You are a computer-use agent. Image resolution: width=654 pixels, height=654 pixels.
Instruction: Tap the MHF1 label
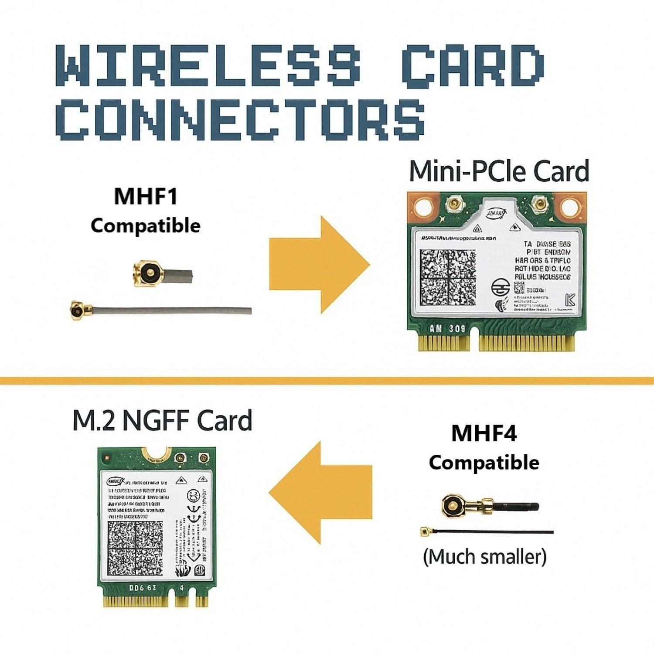click(x=146, y=196)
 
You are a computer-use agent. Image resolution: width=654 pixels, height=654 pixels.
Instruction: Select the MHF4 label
click(x=484, y=433)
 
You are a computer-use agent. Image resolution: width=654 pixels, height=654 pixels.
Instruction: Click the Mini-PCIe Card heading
click(x=499, y=171)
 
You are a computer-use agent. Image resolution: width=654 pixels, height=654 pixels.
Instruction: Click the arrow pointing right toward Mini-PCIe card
click(x=319, y=265)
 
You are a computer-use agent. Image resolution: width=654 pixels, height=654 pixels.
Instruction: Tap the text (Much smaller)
click(x=484, y=557)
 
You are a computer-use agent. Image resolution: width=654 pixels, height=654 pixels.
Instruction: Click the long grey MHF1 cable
click(x=174, y=310)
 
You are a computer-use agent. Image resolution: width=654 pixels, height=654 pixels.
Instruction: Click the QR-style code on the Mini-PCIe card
click(x=448, y=278)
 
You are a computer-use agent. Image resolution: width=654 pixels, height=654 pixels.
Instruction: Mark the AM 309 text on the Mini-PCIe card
click(x=447, y=328)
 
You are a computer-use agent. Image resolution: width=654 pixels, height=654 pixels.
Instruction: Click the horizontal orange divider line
click(x=327, y=381)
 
